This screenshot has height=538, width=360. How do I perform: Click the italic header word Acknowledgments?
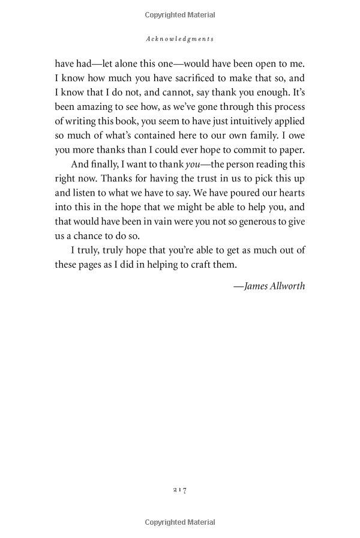(180, 38)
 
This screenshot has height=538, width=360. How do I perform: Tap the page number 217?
(180, 490)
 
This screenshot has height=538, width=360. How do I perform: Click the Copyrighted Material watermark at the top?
(180, 14)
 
